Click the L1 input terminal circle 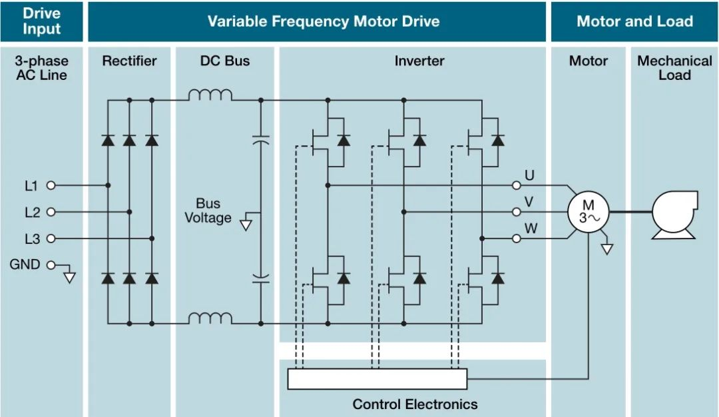(x=50, y=185)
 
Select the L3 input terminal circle (x=50, y=238)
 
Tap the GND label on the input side (x=25, y=264)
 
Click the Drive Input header (x=41, y=21)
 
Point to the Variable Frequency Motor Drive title (x=324, y=21)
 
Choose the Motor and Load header (x=634, y=21)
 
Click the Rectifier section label (x=129, y=61)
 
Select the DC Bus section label (x=225, y=61)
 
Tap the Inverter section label (x=419, y=61)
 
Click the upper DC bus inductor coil (x=210, y=96)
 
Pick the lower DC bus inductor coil (x=210, y=318)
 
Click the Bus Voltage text (x=208, y=210)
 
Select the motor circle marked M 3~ (x=588, y=212)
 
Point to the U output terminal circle (x=517, y=185)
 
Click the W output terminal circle (x=517, y=238)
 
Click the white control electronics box (x=377, y=379)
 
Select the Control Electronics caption (x=415, y=404)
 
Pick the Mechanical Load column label (x=674, y=68)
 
